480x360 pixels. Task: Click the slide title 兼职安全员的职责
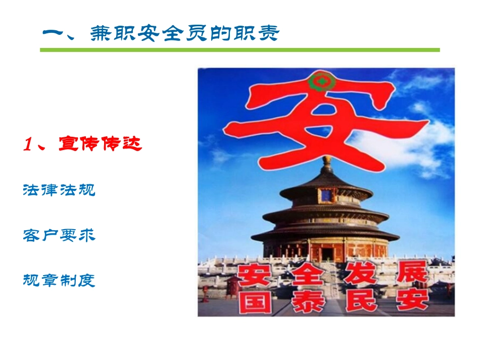(184, 34)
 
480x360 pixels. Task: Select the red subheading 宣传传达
(101, 144)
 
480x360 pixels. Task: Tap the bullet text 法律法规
(59, 190)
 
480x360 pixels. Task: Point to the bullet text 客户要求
(59, 235)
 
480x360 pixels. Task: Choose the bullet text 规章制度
(59, 280)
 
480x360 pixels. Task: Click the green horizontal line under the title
(240, 50)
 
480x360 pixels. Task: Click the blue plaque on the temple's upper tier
(326, 194)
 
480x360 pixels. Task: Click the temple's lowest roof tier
(326, 235)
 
